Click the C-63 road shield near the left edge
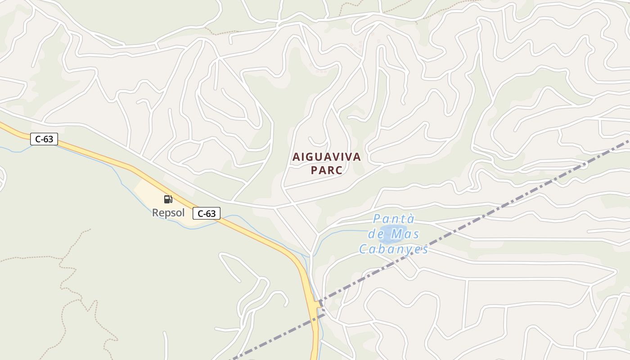[x=44, y=139]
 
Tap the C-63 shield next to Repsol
[x=207, y=213]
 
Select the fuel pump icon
[x=168, y=199]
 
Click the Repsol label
[x=168, y=212]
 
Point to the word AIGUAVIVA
[x=327, y=157]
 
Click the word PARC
[x=326, y=171]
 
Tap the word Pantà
[x=394, y=219]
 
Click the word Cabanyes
[x=393, y=249]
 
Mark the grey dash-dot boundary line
[x=495, y=211]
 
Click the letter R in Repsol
[x=155, y=212]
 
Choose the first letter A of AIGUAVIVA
[x=296, y=157]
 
